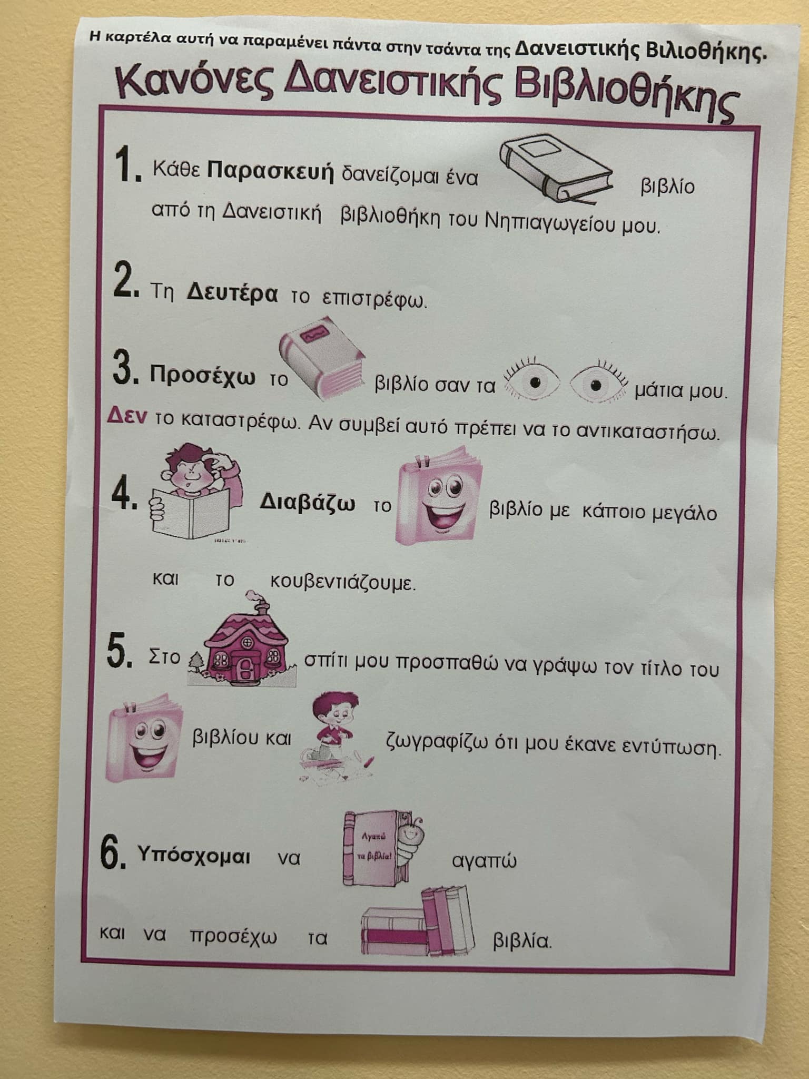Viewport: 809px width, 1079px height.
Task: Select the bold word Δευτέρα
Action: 232,294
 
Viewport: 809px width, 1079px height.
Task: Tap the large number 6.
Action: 113,853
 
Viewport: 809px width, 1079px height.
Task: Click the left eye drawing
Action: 532,382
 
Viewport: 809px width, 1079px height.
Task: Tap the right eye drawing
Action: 598,383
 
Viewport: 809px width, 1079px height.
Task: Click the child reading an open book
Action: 196,493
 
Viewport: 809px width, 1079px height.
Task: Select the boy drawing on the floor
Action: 337,738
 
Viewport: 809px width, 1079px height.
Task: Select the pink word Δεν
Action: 127,416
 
